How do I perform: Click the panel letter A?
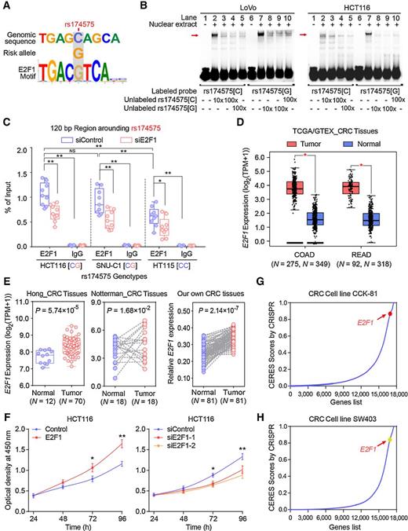[6, 6]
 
